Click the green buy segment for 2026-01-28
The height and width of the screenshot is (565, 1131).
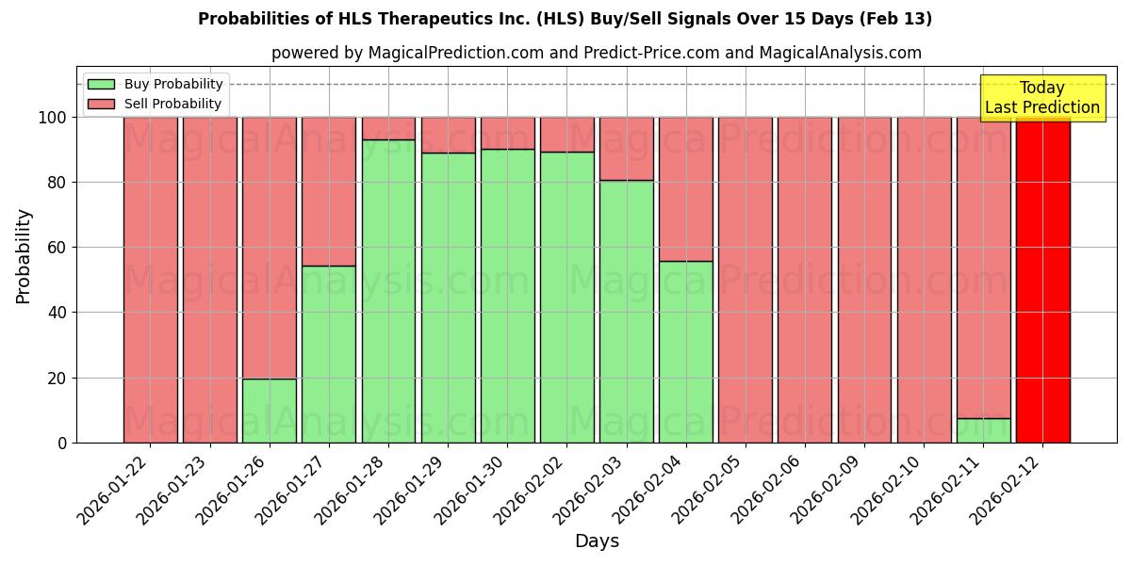388,291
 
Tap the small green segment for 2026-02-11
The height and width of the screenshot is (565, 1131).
983,430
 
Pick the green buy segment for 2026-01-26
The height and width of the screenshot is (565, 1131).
270,411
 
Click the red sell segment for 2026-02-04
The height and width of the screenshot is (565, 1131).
685,188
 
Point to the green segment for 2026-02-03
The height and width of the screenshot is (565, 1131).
626,311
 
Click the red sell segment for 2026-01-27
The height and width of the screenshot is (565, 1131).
329,191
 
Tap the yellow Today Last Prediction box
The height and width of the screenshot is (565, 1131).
1042,98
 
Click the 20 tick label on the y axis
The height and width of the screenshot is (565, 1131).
56,379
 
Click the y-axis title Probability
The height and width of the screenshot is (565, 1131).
24,255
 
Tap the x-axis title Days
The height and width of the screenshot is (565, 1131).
597,541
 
